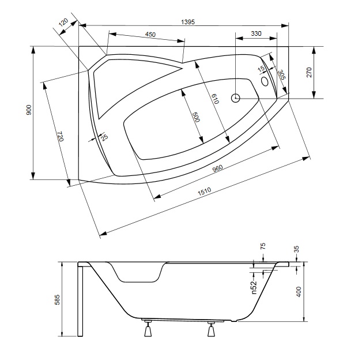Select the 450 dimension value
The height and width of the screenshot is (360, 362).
(x=150, y=35)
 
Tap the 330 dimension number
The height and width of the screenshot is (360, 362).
(x=256, y=34)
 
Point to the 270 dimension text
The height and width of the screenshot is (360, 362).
(x=309, y=72)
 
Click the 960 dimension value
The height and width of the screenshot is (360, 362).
(x=218, y=168)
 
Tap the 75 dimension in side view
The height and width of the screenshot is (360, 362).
(x=263, y=246)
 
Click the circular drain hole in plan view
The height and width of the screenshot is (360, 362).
(x=235, y=97)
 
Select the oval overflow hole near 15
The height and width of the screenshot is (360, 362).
(x=265, y=81)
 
